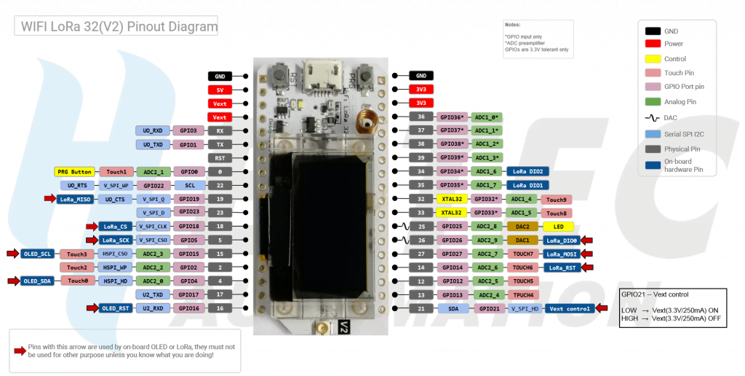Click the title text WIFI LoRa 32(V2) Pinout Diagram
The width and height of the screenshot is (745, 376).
pos(119,27)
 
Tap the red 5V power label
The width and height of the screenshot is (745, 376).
pos(220,90)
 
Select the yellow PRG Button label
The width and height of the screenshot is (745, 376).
pos(74,172)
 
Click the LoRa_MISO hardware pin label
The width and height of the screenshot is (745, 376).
pos(73,199)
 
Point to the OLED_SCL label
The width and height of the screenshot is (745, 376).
pos(37,254)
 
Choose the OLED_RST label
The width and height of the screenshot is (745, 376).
pos(115,308)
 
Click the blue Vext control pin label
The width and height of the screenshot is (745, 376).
pos(570,308)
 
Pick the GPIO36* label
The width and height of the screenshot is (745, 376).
pos(451,117)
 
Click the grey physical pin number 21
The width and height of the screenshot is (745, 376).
pos(421,308)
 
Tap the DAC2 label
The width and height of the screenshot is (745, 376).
pos(522,226)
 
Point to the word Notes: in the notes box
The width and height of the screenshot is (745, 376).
pos(512,25)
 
